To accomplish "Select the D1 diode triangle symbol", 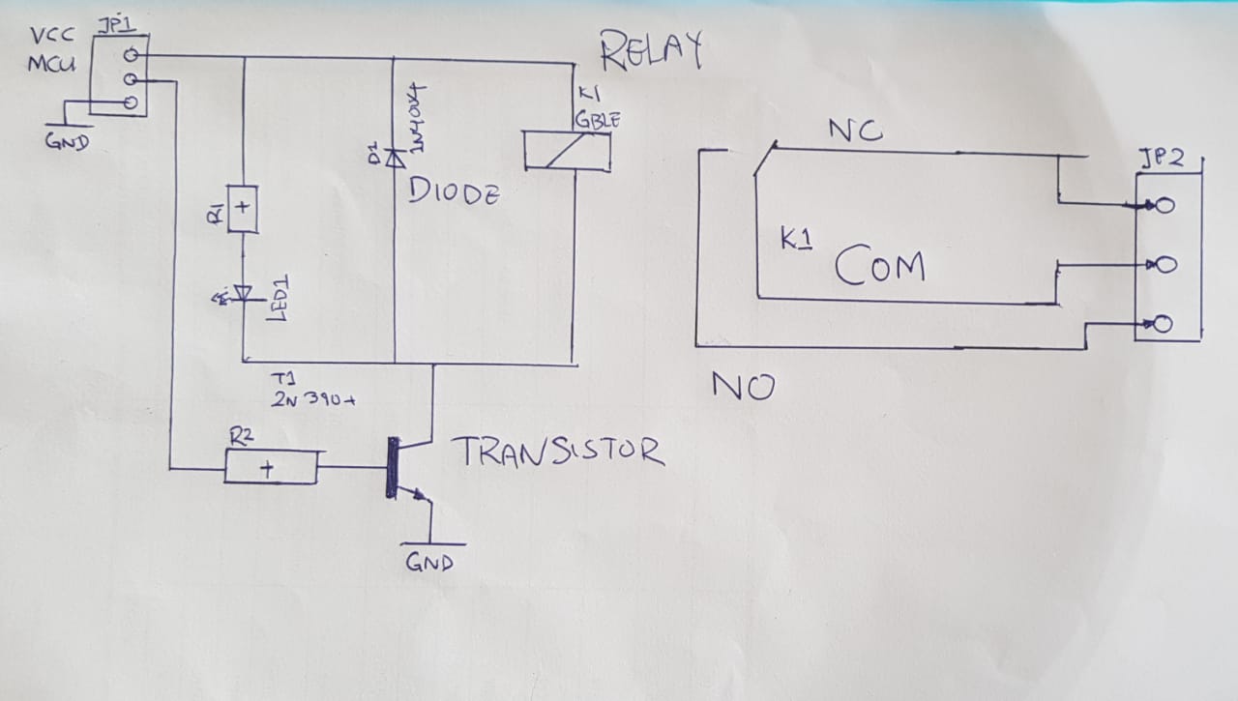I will (394, 158).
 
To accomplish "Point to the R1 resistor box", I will (242, 207).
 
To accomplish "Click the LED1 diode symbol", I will (241, 293).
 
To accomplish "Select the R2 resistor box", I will (270, 469).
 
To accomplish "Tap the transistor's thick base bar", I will (392, 468).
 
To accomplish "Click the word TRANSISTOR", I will (558, 452).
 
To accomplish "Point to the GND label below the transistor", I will (428, 562).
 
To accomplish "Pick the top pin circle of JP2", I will (1164, 205).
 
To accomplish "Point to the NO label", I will (743, 387).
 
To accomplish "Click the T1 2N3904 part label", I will (310, 392).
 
